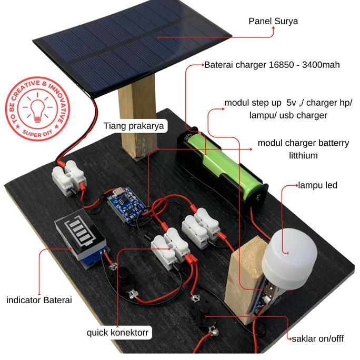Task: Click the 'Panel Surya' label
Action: (273, 22)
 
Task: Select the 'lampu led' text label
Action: (318, 185)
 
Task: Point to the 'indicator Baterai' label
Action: (39, 301)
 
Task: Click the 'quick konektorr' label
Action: (118, 333)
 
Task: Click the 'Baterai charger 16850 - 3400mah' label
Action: (272, 65)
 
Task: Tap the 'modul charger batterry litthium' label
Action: (304, 149)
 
